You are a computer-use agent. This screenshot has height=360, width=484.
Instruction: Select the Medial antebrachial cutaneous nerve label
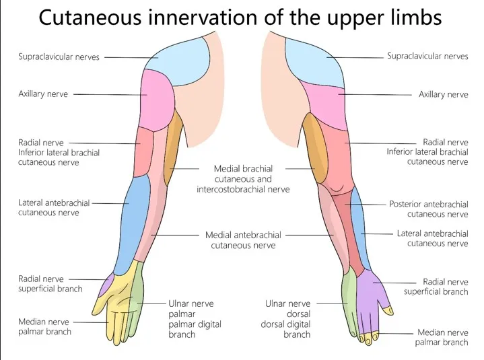tap(243, 240)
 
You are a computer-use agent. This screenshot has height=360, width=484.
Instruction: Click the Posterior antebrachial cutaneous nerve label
tap(428, 209)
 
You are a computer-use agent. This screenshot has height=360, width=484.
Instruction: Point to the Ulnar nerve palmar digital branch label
tap(195, 319)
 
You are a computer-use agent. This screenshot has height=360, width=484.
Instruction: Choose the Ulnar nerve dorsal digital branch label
tap(287, 319)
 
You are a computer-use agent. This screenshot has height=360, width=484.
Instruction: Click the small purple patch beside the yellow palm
tap(105, 286)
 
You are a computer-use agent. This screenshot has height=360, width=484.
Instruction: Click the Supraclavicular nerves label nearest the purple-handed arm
tap(427, 57)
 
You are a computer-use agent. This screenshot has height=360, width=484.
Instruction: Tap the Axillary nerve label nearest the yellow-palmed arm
tap(43, 94)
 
